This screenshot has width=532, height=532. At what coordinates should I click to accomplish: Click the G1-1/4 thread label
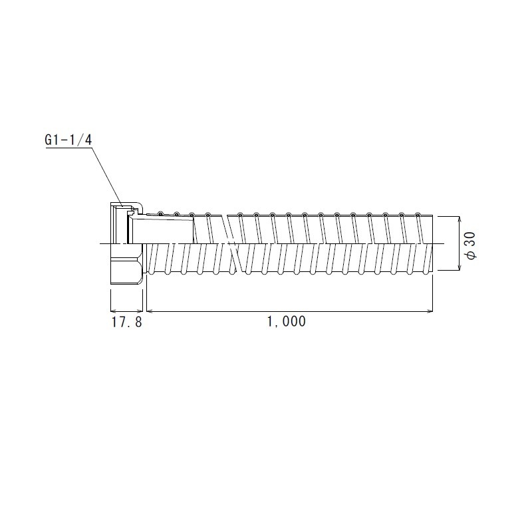67,141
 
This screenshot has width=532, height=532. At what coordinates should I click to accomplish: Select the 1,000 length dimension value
286,322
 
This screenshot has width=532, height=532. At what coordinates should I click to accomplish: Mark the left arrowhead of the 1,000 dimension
150,311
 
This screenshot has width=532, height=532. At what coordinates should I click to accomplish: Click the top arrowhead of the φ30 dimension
458,220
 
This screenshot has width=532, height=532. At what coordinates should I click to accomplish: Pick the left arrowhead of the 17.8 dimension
112,311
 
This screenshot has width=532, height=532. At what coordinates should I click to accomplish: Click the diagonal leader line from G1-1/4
105,174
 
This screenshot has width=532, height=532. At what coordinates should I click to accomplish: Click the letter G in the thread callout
49,141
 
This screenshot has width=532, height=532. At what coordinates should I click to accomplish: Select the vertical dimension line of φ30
458,244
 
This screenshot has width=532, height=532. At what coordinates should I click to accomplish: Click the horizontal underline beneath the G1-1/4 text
67,149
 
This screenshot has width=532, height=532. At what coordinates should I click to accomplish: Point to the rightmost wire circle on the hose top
418,215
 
